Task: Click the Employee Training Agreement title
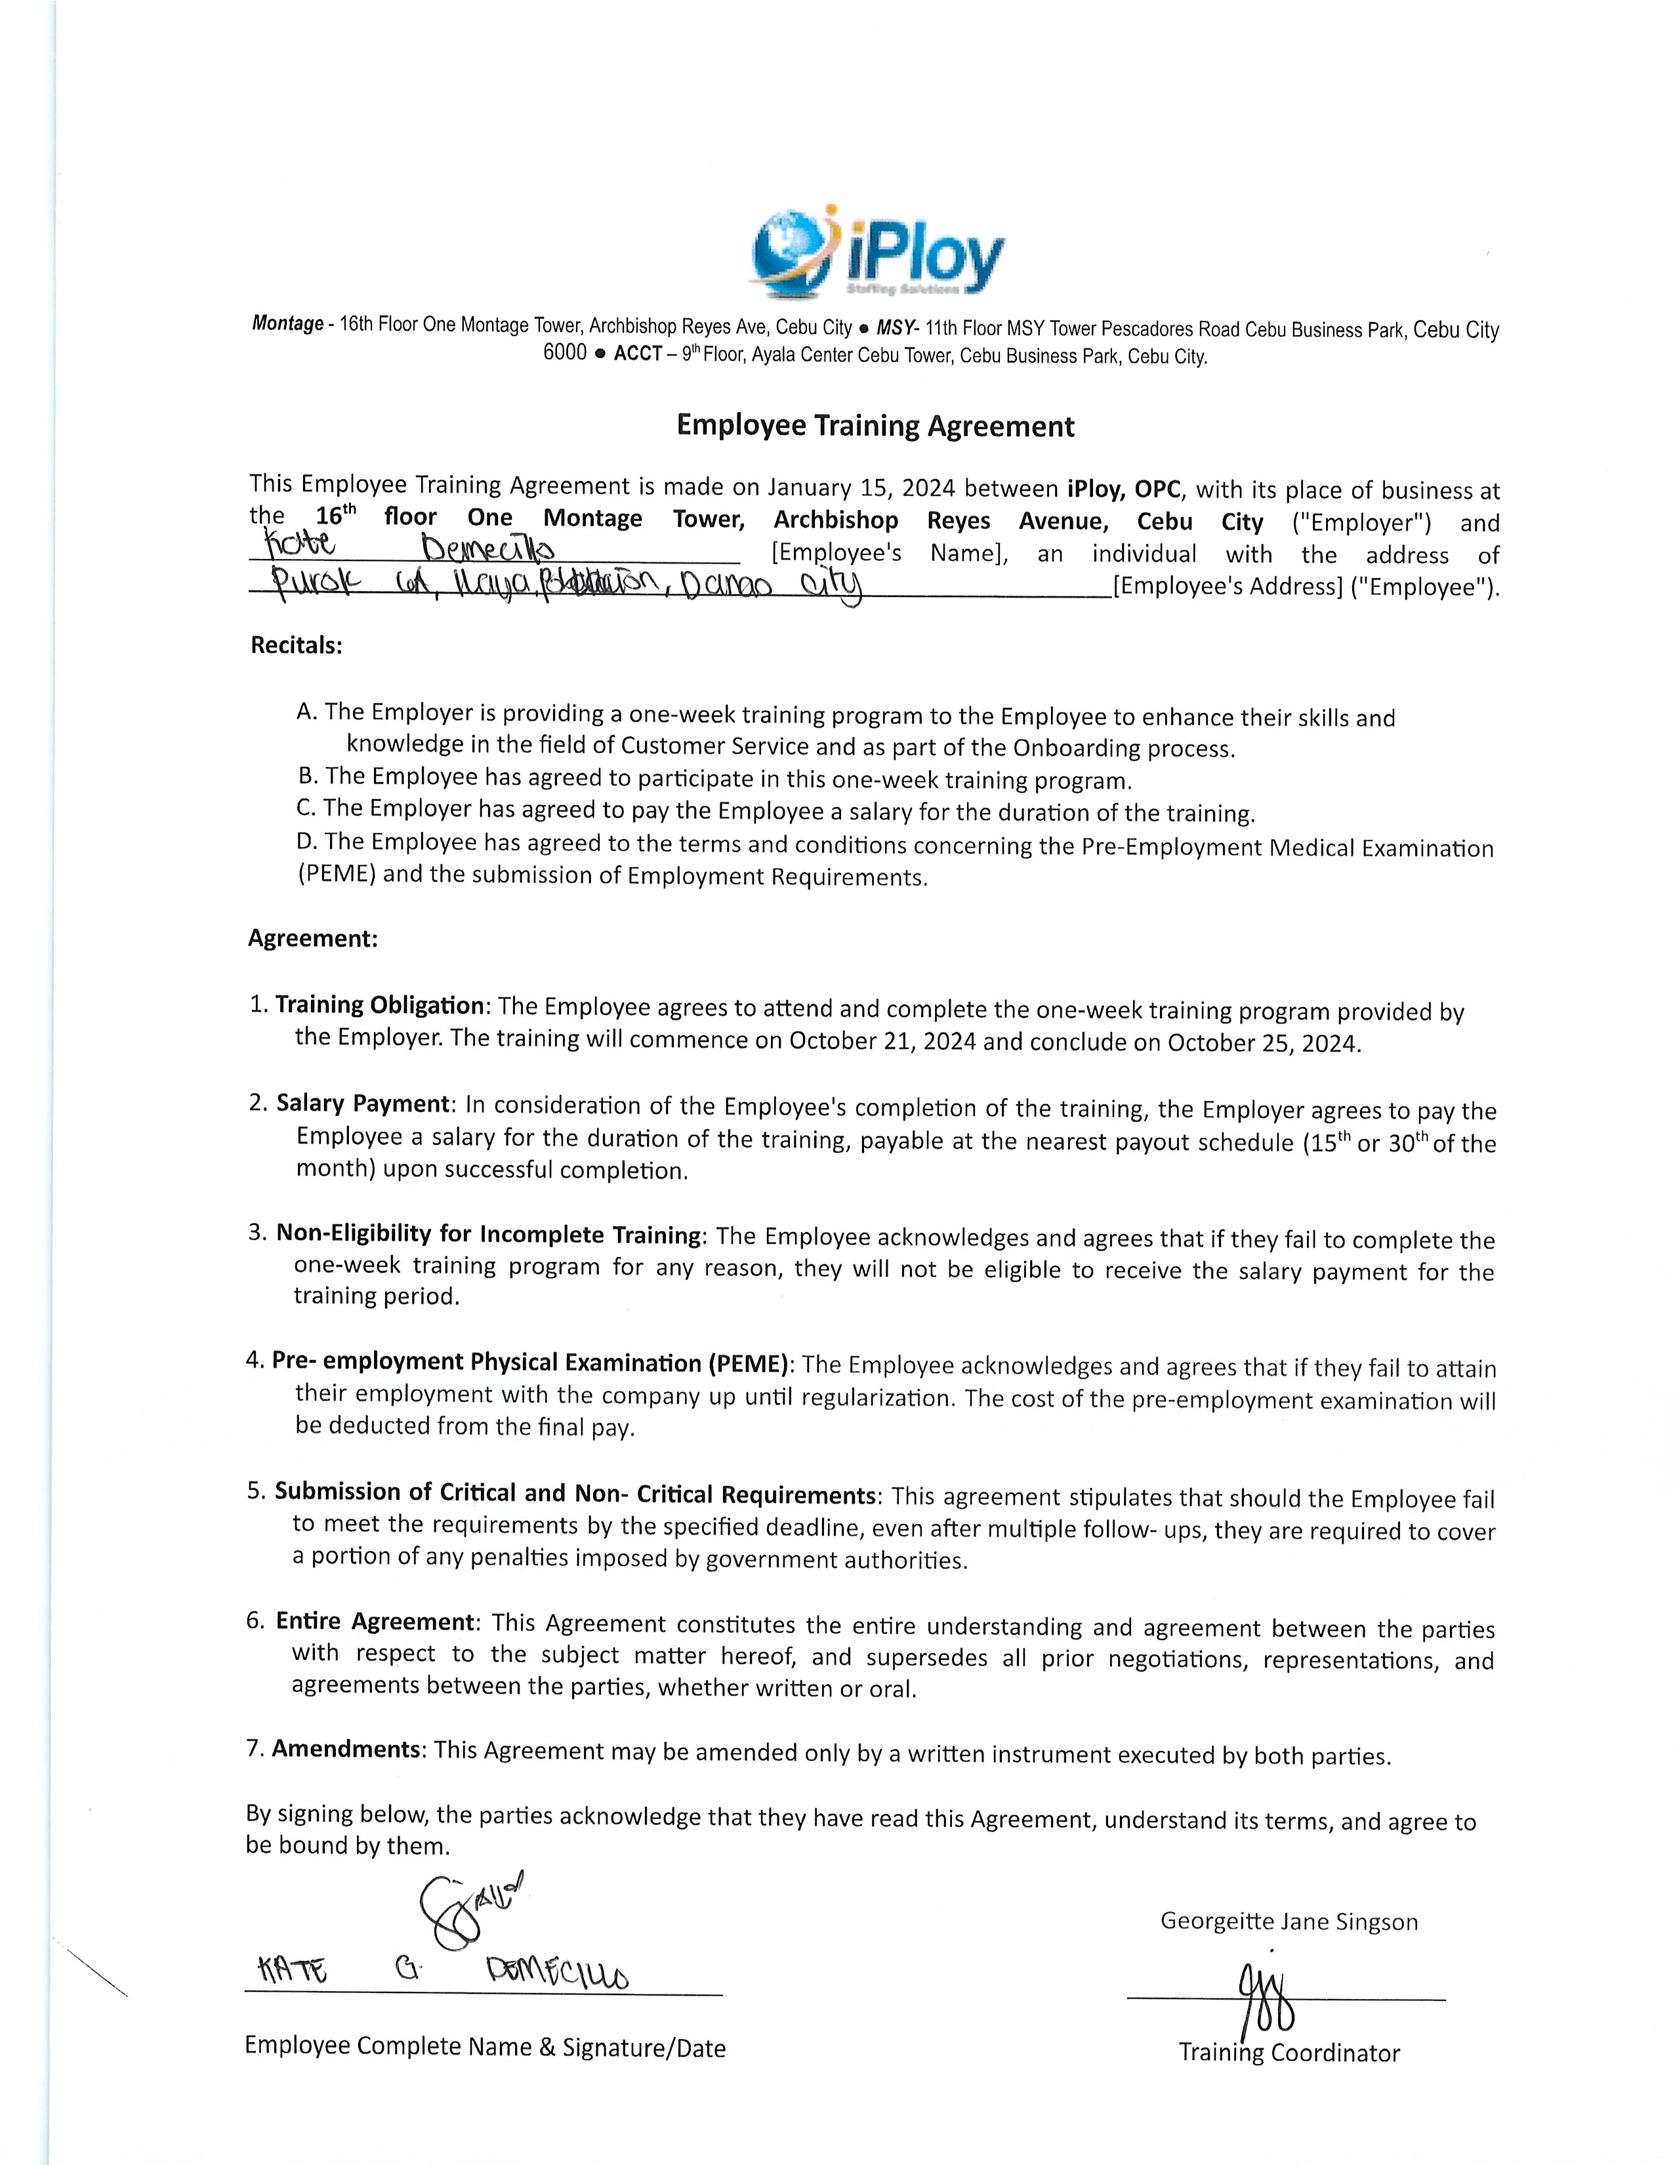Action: pos(875,426)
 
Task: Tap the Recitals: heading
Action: pos(297,646)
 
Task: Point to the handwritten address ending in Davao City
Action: pos(555,582)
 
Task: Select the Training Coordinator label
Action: pos(1289,2053)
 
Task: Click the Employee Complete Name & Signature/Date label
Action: pos(485,2047)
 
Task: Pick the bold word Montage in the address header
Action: pos(287,324)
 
